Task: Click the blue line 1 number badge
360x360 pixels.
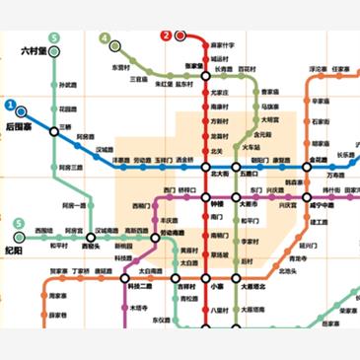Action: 9,105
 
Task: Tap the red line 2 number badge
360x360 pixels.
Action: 166,36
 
